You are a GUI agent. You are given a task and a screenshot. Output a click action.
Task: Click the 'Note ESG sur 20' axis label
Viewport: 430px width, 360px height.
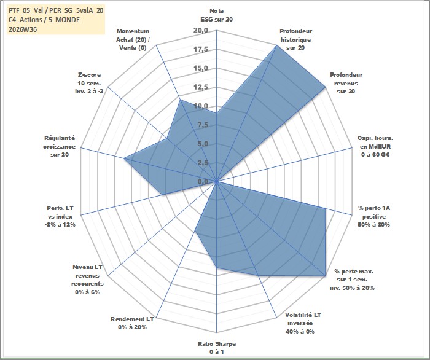coord(217,15)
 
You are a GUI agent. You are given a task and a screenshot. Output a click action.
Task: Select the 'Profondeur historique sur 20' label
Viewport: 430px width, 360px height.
coord(295,39)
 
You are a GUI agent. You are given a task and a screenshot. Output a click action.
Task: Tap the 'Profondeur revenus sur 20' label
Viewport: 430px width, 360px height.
coord(346,83)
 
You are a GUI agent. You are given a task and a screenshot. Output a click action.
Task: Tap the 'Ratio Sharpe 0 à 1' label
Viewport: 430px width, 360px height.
coord(217,348)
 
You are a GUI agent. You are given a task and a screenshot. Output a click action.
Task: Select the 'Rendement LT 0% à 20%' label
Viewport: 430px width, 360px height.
coord(132,323)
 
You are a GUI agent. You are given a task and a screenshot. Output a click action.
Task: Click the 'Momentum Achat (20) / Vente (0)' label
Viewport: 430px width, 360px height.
coord(133,39)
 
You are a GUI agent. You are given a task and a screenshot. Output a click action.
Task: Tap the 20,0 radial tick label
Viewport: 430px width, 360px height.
coord(201,31)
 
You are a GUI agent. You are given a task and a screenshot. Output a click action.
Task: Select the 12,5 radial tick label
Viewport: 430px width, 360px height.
coord(201,87)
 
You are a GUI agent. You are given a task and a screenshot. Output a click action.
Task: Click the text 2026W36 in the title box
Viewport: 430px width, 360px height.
coord(23,29)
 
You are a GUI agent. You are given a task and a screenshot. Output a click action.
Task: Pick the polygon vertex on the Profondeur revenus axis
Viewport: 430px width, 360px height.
coord(325,87)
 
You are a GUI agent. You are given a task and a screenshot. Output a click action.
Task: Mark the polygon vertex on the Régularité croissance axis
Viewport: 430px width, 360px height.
coord(124,158)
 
